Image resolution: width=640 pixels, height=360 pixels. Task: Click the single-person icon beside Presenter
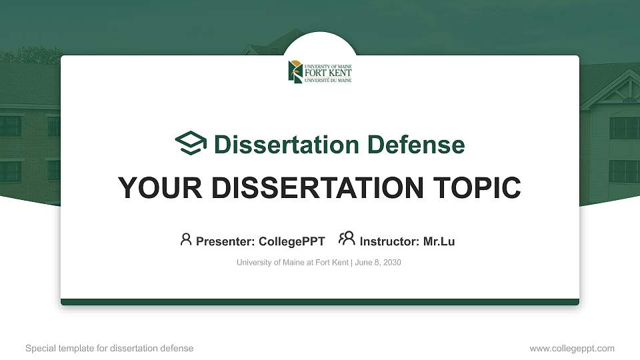tap(186, 239)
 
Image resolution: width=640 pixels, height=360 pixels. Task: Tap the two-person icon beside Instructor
tap(347, 239)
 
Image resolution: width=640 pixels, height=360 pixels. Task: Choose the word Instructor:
tap(389, 241)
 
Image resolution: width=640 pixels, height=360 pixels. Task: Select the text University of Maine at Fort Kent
tap(292, 263)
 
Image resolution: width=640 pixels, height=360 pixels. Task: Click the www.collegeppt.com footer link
tap(572, 348)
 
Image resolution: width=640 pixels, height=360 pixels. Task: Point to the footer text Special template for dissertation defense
tap(109, 348)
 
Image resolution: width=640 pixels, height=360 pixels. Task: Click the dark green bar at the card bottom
tap(320, 302)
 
